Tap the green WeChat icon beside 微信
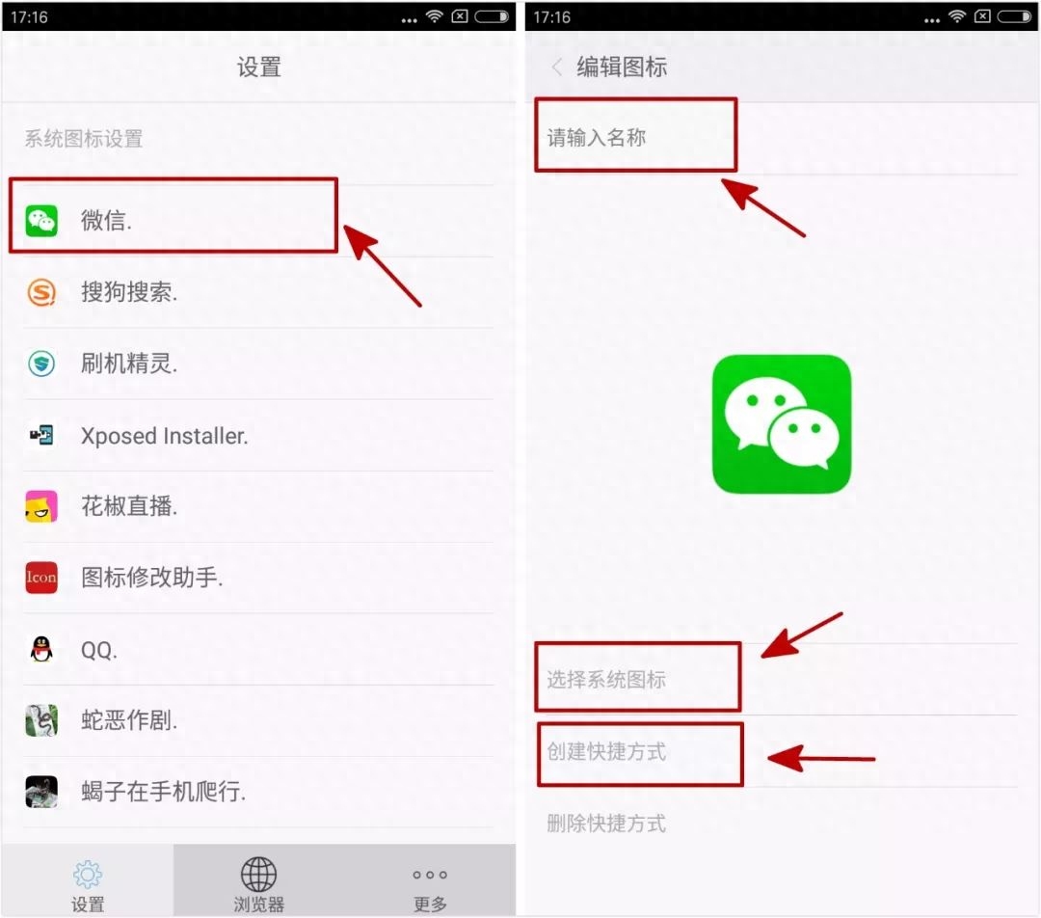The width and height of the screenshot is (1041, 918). [41, 221]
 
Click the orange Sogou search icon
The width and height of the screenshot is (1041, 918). [41, 292]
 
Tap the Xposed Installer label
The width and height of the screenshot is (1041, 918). [164, 436]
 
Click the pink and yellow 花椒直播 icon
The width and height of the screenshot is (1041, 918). [41, 507]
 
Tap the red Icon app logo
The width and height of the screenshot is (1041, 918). [41, 578]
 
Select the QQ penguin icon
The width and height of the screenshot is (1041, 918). [41, 649]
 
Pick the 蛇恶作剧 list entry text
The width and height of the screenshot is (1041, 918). [129, 720]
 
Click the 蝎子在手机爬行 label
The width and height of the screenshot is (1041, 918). [163, 791]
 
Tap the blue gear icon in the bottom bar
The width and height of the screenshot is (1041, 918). [88, 875]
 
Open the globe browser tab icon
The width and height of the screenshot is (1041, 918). [258, 875]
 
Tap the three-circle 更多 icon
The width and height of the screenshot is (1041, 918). [430, 875]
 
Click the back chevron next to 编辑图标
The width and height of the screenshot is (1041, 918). [557, 67]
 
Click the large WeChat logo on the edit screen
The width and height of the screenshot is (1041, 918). [782, 424]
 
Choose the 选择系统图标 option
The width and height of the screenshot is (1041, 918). [606, 680]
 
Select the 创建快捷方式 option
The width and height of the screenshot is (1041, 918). [606, 752]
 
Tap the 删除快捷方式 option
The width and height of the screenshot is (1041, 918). [606, 823]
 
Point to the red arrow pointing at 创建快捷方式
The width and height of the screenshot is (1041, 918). [821, 758]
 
